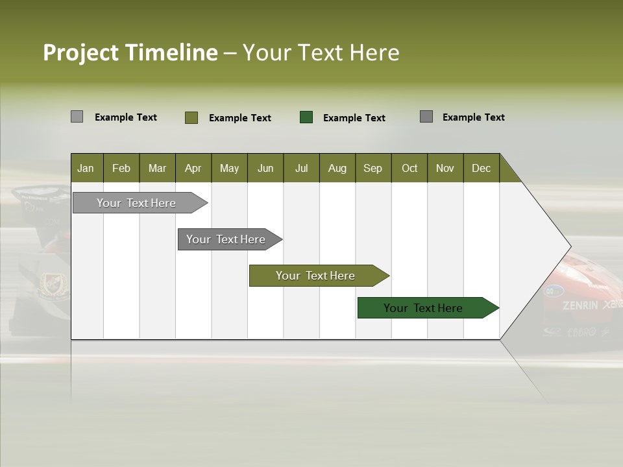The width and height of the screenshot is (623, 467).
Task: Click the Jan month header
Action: [86, 168]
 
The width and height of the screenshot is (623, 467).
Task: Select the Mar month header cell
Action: [157, 168]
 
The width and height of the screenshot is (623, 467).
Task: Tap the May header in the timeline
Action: [229, 168]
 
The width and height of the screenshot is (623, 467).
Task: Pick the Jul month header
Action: [301, 168]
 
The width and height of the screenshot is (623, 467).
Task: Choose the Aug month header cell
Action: [337, 168]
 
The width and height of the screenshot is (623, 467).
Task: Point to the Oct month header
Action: [409, 168]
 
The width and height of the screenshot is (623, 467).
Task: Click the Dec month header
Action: [481, 168]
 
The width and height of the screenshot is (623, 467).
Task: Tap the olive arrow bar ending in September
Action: [316, 276]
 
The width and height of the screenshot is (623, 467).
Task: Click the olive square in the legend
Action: [191, 117]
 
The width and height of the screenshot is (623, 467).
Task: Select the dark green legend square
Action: [306, 117]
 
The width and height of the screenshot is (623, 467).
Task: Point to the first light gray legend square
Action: [77, 117]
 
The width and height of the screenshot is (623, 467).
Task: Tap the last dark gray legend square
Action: [426, 117]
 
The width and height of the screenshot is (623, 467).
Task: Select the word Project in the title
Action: [81, 53]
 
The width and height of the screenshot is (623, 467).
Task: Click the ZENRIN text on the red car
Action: [580, 305]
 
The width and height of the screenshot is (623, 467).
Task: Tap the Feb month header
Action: [121, 168]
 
